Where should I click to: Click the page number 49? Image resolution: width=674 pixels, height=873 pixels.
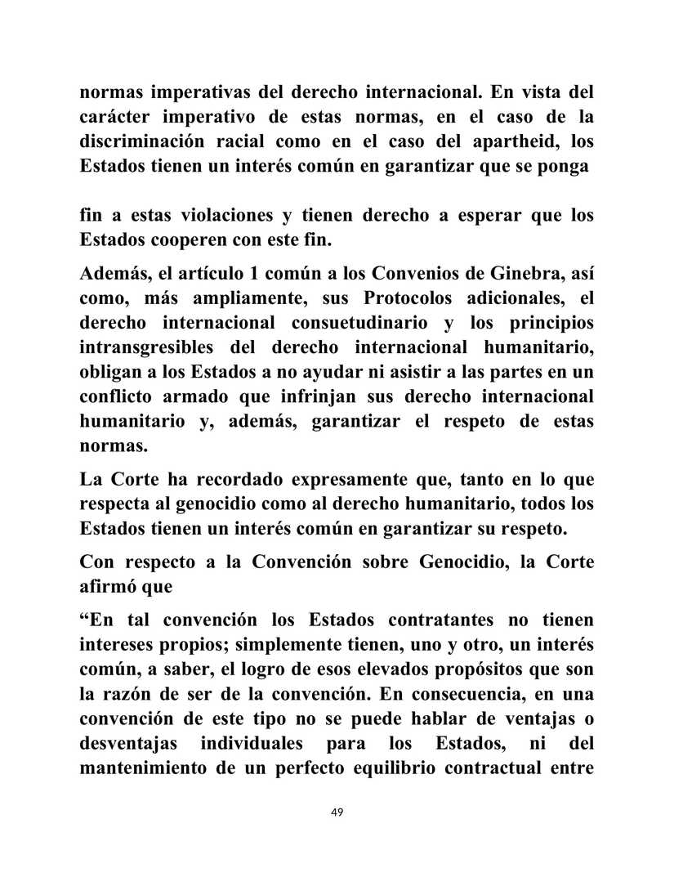(337, 812)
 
